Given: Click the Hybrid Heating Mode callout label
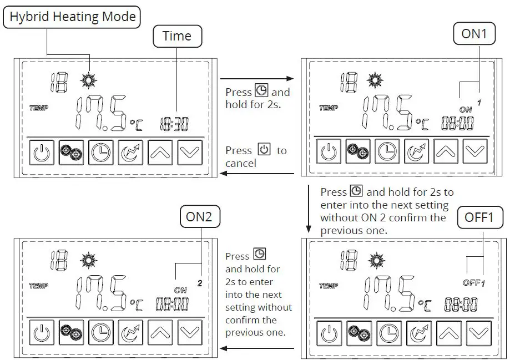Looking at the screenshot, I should [x=73, y=17].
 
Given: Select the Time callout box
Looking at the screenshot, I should [x=177, y=36].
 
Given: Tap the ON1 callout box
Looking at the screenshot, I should [x=473, y=34].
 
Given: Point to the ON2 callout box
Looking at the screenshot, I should [x=199, y=216].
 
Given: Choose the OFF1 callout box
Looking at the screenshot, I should [x=478, y=217].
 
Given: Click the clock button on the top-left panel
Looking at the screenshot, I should [x=101, y=153].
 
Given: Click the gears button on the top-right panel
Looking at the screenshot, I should [x=358, y=151].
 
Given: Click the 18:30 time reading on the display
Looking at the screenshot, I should [x=174, y=124].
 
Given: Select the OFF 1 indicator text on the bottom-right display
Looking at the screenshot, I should [x=473, y=283].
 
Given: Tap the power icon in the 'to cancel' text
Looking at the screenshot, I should [x=264, y=150].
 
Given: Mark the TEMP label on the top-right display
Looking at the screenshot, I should [x=328, y=108].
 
